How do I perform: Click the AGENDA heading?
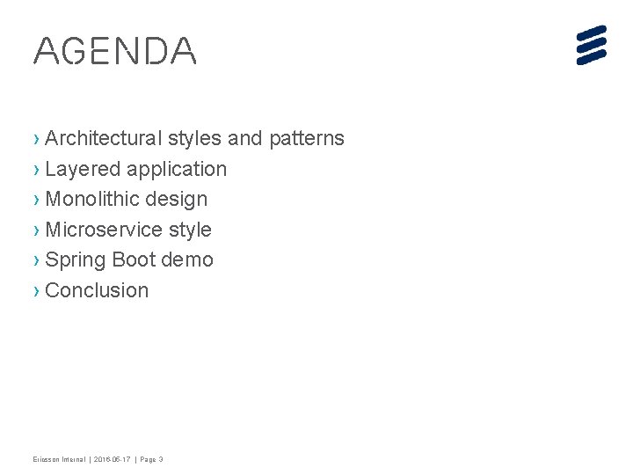pos(114,51)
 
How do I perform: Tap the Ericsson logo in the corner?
pos(592,45)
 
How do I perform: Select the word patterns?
pos(307,138)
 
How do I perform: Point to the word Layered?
pos(83,169)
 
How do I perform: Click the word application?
pos(177,169)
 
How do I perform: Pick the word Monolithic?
pos(92,199)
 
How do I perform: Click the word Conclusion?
pos(97,290)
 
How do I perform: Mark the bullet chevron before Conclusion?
pos(36,290)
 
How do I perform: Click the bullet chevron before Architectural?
pos(36,138)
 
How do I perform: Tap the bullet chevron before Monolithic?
pos(36,199)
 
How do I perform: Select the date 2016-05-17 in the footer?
pos(112,459)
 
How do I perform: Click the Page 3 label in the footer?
pos(149,459)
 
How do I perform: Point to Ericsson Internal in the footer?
pos(59,459)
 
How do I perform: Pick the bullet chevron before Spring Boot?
pos(36,259)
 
